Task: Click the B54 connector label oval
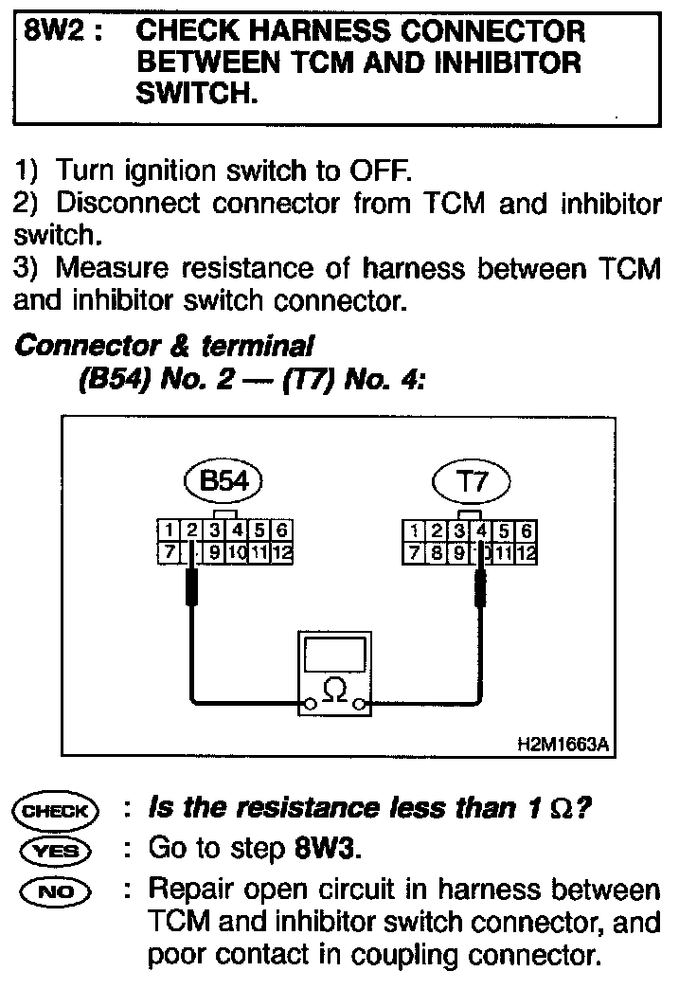point(223,481)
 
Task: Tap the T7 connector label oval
point(471,481)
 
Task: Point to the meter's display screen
point(334,654)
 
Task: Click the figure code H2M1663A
point(563,745)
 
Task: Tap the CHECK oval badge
point(54,811)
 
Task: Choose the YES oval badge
point(54,850)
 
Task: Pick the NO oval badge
point(54,890)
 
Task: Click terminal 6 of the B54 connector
point(281,530)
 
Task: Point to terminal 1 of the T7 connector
point(414,530)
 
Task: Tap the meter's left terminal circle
point(309,704)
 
